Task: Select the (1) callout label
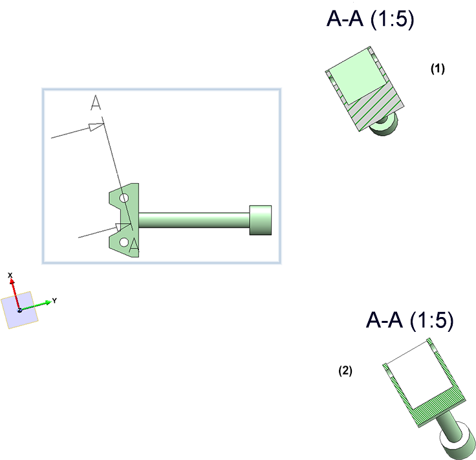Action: point(438,69)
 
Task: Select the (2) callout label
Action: point(346,371)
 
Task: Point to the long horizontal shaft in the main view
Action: point(194,220)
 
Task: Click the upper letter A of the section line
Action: point(96,103)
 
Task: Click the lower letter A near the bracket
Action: point(133,245)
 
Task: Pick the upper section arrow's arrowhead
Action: point(96,126)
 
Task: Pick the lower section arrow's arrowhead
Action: point(122,227)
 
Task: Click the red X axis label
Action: point(10,276)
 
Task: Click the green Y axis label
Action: point(55,300)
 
